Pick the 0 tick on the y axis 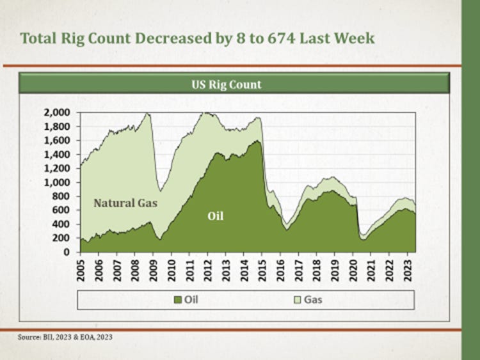click(70, 252)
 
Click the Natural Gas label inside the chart click(125, 203)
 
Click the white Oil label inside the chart click(216, 217)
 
